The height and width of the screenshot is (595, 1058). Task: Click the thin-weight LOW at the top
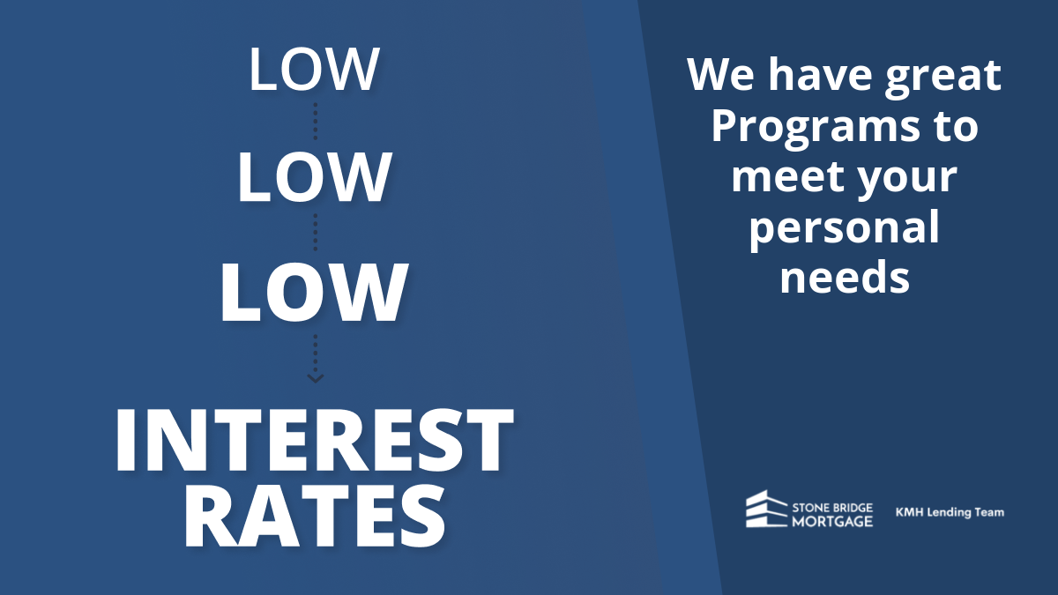314,69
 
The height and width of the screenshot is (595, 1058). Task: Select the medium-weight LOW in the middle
314,177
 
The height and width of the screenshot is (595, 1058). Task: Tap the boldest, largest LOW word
314,293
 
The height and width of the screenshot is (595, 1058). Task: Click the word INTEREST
314,440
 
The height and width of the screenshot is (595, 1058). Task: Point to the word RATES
314,517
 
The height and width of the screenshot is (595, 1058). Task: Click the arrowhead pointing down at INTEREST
315,378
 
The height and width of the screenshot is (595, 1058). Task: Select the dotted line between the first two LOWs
315,122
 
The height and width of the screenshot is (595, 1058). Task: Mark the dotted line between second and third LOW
315,233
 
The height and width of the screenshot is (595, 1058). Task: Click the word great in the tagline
943,78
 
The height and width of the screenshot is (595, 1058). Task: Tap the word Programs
816,127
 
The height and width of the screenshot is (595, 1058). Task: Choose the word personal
844,228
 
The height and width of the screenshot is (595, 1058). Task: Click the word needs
845,276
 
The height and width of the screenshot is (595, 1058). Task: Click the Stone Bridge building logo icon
766,509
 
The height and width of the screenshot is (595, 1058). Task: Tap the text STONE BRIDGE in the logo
832,508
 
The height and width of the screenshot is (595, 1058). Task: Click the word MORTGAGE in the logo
832,521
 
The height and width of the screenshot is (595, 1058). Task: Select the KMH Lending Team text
950,513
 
